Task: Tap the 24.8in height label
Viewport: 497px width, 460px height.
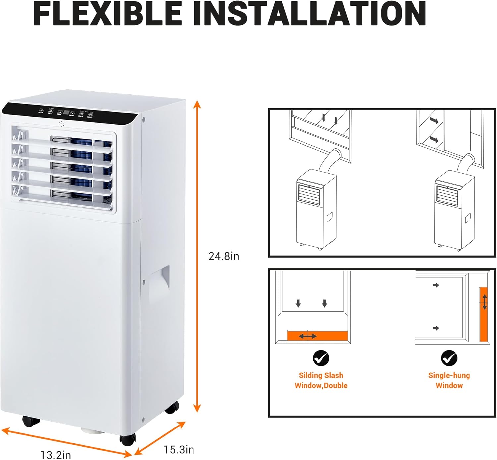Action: pos(224,256)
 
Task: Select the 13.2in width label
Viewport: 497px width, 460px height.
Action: pos(56,455)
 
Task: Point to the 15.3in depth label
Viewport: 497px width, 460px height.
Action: pos(179,450)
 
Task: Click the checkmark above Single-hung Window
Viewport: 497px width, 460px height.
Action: pos(449,358)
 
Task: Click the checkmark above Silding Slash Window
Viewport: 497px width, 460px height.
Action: pos(321,358)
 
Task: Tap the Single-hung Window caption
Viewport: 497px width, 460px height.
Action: pos(449,380)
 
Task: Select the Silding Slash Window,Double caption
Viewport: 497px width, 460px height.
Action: pos(321,380)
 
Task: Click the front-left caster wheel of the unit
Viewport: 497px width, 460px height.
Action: pos(31,421)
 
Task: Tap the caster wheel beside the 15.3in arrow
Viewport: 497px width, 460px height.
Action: pos(128,439)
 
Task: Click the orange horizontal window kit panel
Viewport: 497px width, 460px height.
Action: pos(317,336)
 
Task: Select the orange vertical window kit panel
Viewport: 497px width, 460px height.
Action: pos(483,314)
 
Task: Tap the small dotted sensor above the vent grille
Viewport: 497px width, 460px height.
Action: pos(61,124)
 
